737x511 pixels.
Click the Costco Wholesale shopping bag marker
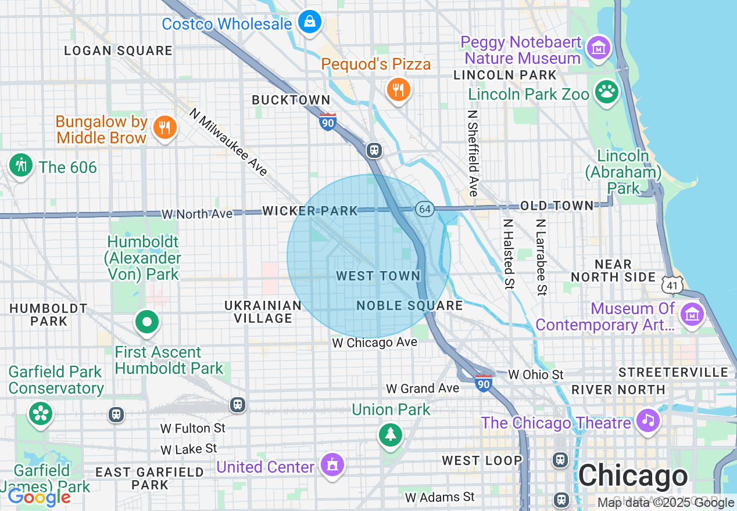tap(310, 23)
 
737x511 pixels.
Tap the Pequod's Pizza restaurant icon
tap(399, 90)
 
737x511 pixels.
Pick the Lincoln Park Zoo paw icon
tap(607, 92)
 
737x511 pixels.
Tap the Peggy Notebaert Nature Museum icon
tap(599, 47)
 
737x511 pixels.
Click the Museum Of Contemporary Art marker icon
tap(692, 315)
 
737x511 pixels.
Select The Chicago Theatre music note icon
tap(647, 419)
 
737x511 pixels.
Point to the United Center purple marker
tap(332, 465)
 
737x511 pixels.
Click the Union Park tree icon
tap(390, 434)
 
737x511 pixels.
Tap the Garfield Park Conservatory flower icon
tap(41, 414)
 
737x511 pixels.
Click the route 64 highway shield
tap(425, 209)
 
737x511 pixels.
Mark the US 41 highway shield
tap(672, 285)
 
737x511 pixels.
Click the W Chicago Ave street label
tap(374, 343)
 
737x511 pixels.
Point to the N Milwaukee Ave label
tap(229, 142)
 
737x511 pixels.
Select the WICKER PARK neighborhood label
tap(310, 211)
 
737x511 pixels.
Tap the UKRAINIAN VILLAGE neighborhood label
tap(263, 312)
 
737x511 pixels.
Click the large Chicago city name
tap(633, 476)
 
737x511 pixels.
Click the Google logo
tap(39, 497)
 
